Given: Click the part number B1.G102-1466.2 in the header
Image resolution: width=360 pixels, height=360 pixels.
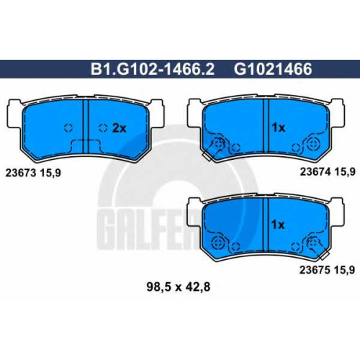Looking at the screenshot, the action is (153, 69).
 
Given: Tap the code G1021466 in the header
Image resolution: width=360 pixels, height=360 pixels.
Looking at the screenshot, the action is (273, 69).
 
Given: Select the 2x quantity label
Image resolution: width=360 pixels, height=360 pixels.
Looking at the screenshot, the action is (119, 129).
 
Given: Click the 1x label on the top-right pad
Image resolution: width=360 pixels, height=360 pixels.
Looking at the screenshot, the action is (279, 127).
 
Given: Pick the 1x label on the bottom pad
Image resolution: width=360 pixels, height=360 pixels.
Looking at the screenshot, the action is (278, 225).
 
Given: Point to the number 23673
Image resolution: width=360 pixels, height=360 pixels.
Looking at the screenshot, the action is (21, 173).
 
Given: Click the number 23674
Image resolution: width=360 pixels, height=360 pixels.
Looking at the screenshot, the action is (315, 171).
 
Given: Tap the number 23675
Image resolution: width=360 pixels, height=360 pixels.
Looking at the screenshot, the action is (315, 270).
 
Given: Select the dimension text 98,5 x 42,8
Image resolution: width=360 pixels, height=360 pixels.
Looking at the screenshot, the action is (179, 287).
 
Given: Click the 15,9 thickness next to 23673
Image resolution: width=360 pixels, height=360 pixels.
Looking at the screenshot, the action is (50, 174).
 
